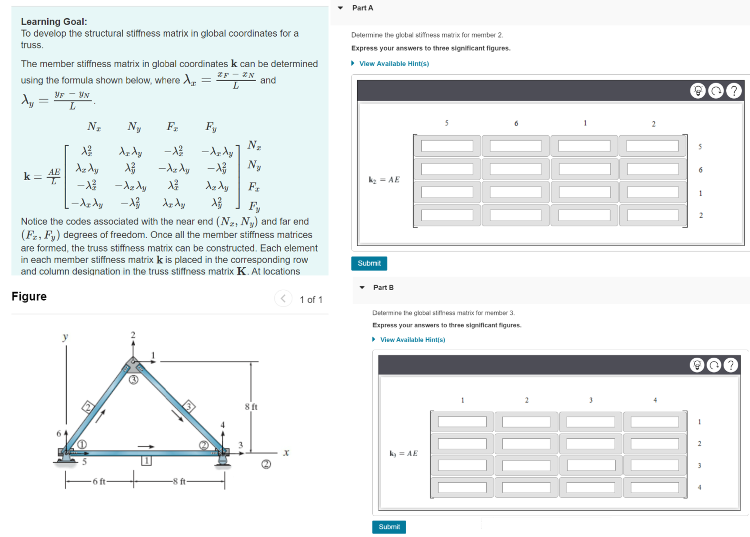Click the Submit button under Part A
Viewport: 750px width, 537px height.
click(369, 263)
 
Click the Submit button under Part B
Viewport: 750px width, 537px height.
click(389, 527)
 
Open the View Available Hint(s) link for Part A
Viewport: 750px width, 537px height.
click(393, 64)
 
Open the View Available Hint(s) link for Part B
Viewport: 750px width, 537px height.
click(412, 340)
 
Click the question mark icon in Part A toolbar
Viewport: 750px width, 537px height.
click(734, 91)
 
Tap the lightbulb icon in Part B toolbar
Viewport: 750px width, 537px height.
click(697, 365)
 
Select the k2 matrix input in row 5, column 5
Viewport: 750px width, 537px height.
click(447, 146)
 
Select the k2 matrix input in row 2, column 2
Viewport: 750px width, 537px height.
click(652, 215)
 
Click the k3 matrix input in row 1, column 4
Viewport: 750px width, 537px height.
click(654, 422)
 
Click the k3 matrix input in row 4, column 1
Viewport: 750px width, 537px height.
click(462, 487)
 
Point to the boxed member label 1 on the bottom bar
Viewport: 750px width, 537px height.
click(147, 461)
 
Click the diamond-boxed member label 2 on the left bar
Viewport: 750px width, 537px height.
click(88, 407)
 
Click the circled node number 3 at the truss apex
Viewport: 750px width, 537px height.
click(134, 380)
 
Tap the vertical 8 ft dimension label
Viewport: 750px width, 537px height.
click(251, 407)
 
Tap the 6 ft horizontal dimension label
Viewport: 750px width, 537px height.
click(99, 482)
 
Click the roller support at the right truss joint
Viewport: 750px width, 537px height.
click(222, 458)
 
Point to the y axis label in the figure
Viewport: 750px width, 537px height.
click(66, 337)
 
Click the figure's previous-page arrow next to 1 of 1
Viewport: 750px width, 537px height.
click(283, 299)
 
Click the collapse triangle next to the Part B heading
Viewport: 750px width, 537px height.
click(362, 288)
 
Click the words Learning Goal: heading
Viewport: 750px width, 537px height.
click(54, 21)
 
